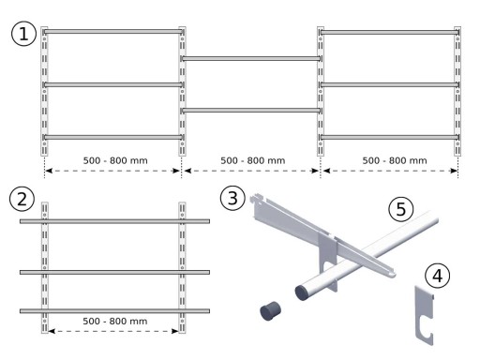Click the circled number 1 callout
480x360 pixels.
coord(23,34)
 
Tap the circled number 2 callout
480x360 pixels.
coord(22,199)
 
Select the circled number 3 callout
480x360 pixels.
coord(232,198)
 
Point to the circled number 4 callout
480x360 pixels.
coord(438,276)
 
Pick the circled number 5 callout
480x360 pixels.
coord(401,209)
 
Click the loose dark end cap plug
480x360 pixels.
coord(270,310)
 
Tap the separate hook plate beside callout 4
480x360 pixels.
coord(425,316)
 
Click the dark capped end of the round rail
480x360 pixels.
coord(302,292)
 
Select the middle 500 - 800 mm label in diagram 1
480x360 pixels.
coord(253,160)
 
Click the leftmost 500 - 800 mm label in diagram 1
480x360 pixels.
coord(115,160)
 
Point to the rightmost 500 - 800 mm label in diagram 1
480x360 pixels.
coord(395,160)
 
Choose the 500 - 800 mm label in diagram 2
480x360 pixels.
coord(115,321)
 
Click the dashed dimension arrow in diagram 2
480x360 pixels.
coord(113,331)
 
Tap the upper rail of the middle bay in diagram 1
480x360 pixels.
coord(251,59)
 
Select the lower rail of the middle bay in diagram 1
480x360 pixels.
coord(251,111)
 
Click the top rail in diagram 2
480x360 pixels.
coord(114,221)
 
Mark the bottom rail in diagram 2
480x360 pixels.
coord(114,311)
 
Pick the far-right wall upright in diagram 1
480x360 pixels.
coord(457,91)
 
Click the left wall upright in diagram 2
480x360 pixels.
coord(45,267)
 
